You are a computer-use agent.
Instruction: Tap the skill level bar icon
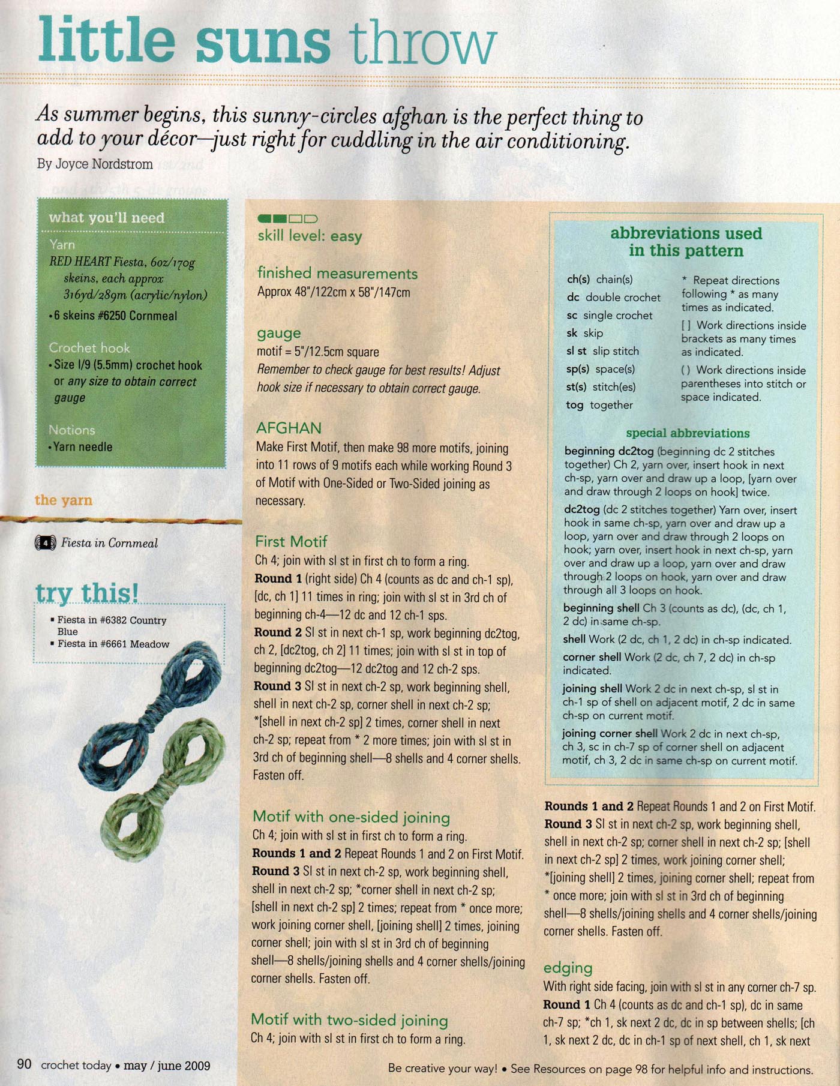click(x=287, y=218)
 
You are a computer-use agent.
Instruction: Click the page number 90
click(x=24, y=1064)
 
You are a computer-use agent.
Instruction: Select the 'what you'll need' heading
click(x=106, y=218)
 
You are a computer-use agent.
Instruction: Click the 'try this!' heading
click(x=87, y=593)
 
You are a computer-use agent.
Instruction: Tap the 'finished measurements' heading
click(x=337, y=273)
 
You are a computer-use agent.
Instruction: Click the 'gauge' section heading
click(x=279, y=333)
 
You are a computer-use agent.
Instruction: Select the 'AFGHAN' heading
click(x=289, y=428)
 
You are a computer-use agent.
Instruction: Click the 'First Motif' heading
click(x=291, y=541)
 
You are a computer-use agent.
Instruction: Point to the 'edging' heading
click(x=568, y=967)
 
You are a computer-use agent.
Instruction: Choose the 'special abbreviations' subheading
click(x=688, y=433)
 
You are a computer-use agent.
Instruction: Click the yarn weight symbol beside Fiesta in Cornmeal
click(x=46, y=543)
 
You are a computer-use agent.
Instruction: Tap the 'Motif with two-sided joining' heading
click(x=349, y=1019)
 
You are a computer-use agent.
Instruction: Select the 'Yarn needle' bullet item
click(x=82, y=446)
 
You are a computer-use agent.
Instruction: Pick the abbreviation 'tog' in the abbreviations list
click(x=574, y=405)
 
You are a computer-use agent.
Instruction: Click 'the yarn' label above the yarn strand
click(x=63, y=500)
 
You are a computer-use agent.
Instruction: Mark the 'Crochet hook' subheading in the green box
click(x=89, y=347)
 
